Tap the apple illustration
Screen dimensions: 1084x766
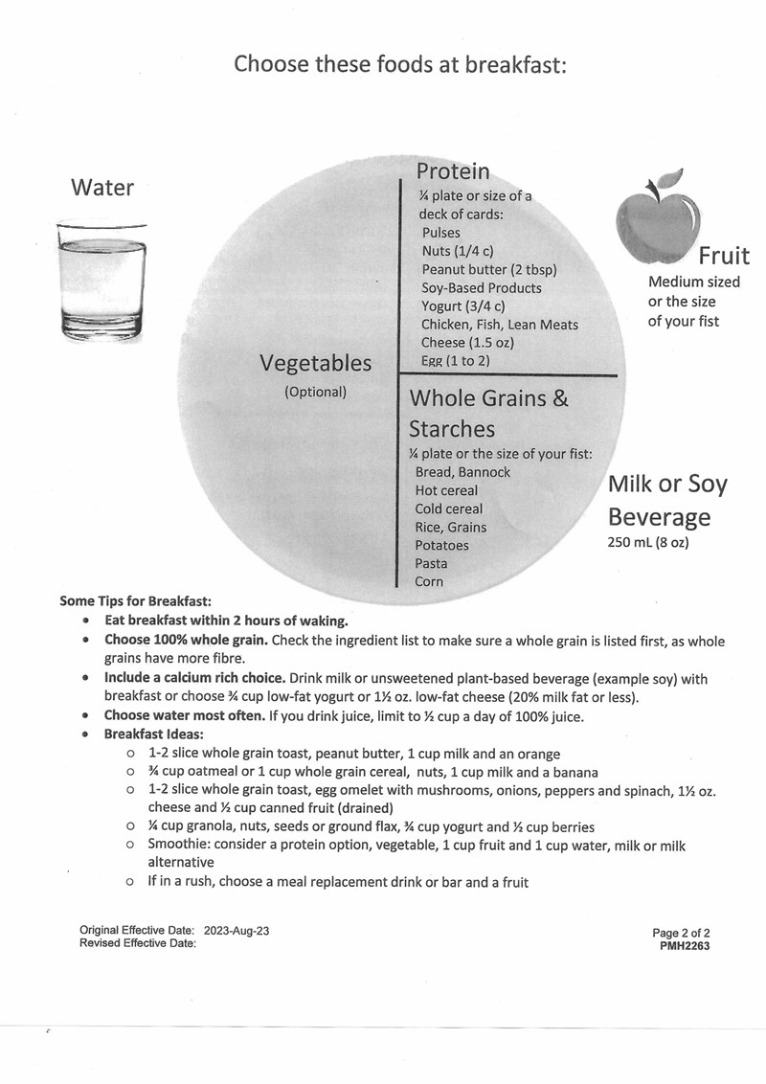[x=656, y=221]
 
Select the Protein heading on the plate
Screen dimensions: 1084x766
[x=452, y=171]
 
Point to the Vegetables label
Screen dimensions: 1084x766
[x=315, y=364]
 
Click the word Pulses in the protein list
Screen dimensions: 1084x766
[x=440, y=233]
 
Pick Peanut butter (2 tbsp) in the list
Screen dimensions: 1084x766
[x=488, y=269]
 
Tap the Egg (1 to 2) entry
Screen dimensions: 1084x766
[x=455, y=361]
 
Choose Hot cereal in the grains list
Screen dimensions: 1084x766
[x=446, y=490]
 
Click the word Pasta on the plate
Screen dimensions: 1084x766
[x=431, y=564]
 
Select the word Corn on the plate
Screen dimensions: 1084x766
[x=429, y=582]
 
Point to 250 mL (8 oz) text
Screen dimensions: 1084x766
[x=648, y=543]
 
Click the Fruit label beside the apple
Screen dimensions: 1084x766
[x=723, y=257]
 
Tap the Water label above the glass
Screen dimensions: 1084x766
[x=102, y=188]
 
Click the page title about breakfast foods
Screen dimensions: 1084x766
[x=401, y=65]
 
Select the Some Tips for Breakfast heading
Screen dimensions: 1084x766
[x=135, y=601]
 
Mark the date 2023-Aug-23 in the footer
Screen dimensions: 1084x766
[x=242, y=931]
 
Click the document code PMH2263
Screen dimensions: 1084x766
[x=686, y=944]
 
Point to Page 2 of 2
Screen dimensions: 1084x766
[x=681, y=932]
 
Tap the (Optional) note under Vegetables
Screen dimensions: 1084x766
[x=315, y=392]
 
